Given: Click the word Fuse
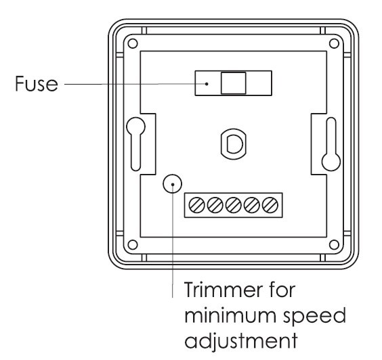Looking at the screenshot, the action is [37, 83].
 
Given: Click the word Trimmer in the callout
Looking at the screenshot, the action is [224, 290].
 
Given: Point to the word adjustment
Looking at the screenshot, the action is [241, 341].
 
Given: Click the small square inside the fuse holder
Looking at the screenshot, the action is [233, 83].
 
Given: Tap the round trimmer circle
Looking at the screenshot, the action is [172, 184].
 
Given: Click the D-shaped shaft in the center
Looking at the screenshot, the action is [234, 143].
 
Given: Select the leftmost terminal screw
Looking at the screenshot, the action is [196, 205].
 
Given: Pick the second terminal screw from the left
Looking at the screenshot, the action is [215, 205].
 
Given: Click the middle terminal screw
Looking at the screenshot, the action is [234, 205].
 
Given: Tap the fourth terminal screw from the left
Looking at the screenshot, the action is [252, 205].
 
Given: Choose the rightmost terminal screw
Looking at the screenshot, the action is [270, 205].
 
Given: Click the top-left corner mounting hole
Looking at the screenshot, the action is [133, 44].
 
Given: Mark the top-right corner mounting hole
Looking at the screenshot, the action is [334, 44].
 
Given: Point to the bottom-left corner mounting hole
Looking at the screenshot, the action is [133, 245].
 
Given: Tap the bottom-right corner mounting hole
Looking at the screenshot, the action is [334, 245].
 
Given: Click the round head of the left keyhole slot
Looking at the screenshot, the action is [135, 127].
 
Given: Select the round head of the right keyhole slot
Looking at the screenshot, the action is [331, 161].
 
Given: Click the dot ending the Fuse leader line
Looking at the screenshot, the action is [207, 84].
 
